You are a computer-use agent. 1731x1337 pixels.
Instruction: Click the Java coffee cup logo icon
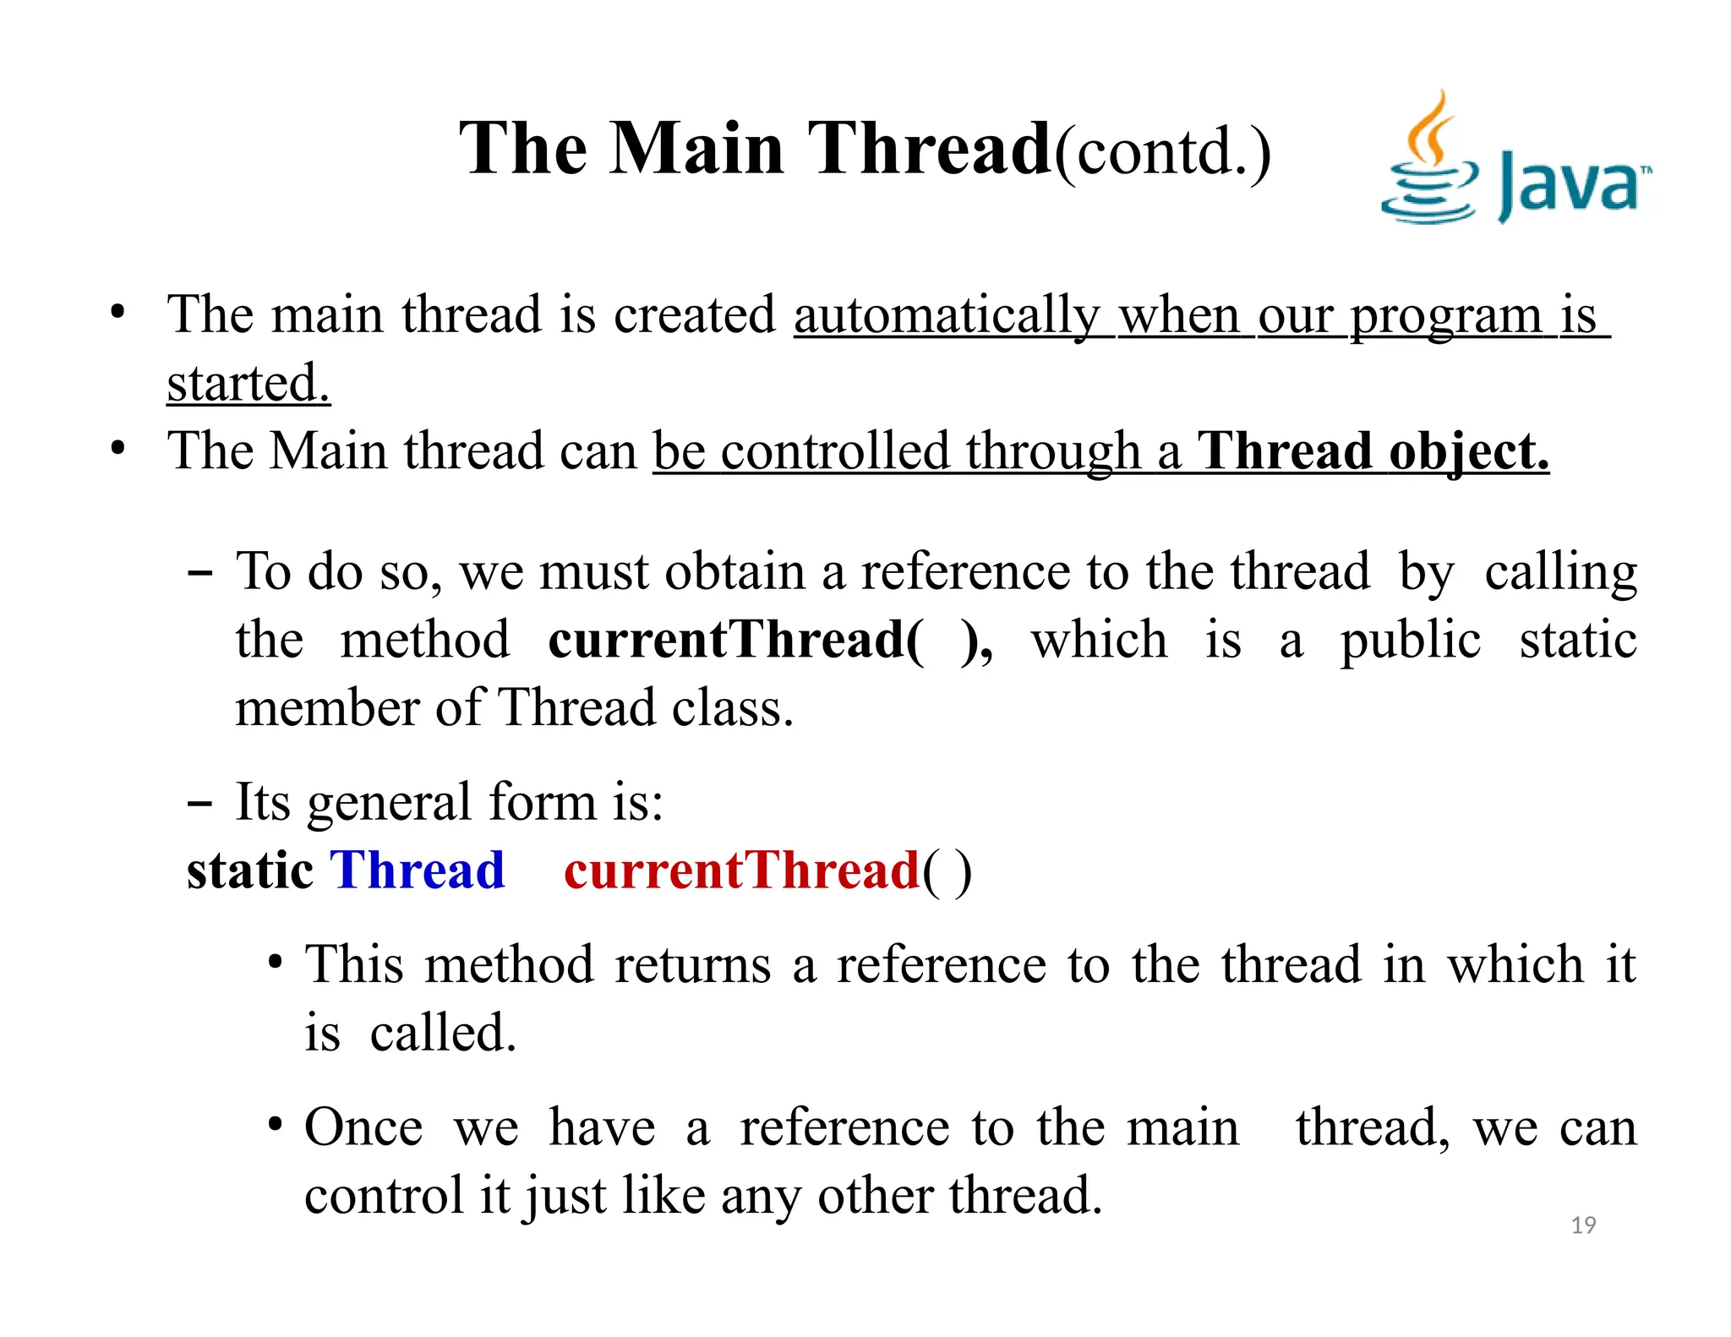pyautogui.click(x=1428, y=161)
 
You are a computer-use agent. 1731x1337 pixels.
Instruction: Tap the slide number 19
pyautogui.click(x=1583, y=1225)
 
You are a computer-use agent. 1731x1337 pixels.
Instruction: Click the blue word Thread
pyautogui.click(x=418, y=870)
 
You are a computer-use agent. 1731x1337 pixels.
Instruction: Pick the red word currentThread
pyautogui.click(x=741, y=870)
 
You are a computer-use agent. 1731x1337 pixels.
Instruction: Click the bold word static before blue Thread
pyautogui.click(x=250, y=870)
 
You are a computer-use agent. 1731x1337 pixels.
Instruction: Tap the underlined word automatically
pyautogui.click(x=947, y=316)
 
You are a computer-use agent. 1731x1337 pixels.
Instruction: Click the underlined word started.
pyautogui.click(x=248, y=384)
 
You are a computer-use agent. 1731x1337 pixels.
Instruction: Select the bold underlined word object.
pyautogui.click(x=1468, y=451)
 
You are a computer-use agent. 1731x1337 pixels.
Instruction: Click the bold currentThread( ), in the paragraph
pyautogui.click(x=769, y=640)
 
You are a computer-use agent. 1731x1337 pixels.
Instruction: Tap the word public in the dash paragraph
pyautogui.click(x=1410, y=640)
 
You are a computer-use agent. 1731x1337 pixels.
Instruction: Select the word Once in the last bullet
pyautogui.click(x=363, y=1127)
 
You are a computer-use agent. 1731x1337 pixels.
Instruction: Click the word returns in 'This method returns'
pyautogui.click(x=692, y=965)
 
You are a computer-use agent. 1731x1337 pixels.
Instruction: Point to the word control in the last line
pyautogui.click(x=383, y=1196)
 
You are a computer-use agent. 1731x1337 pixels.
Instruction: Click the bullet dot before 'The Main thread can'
pyautogui.click(x=118, y=448)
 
